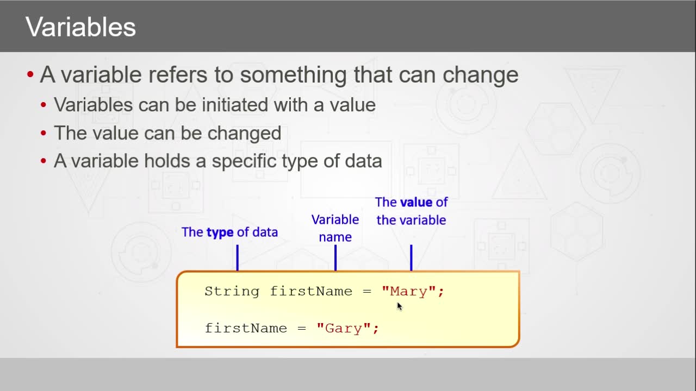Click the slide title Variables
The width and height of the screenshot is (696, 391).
pyautogui.click(x=80, y=27)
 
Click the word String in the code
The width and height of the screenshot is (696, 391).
pyautogui.click(x=232, y=292)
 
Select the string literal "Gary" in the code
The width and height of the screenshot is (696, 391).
pyautogui.click(x=344, y=329)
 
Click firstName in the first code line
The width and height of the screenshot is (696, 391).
pyautogui.click(x=311, y=292)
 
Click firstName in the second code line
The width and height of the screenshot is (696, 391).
pyautogui.click(x=246, y=329)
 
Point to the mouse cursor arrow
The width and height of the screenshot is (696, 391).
pyautogui.click(x=400, y=306)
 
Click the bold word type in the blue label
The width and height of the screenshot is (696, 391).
pyautogui.click(x=220, y=232)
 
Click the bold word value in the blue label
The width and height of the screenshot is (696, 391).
pyautogui.click(x=417, y=203)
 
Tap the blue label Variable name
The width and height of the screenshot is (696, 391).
pyautogui.click(x=335, y=228)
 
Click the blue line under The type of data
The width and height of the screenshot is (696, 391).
pyautogui.click(x=238, y=258)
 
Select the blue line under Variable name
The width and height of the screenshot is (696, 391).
pyautogui.click(x=335, y=258)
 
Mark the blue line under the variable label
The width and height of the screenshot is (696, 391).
pyautogui.click(x=412, y=258)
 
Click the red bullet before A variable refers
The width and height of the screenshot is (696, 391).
pyautogui.click(x=30, y=74)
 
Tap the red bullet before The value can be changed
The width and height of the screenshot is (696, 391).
pyautogui.click(x=43, y=134)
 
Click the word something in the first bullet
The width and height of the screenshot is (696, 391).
pyautogui.click(x=293, y=75)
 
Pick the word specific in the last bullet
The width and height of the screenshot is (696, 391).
pyautogui.click(x=244, y=161)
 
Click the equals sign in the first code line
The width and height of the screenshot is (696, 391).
pyautogui.click(x=367, y=292)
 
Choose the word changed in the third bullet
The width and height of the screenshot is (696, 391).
pyautogui.click(x=244, y=134)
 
